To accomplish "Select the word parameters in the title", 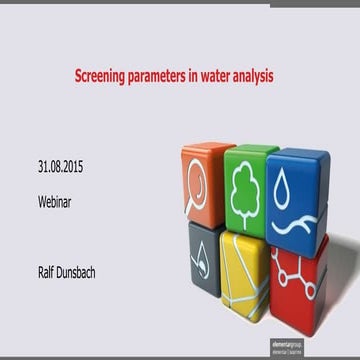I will (168, 75).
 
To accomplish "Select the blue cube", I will (296, 195).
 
